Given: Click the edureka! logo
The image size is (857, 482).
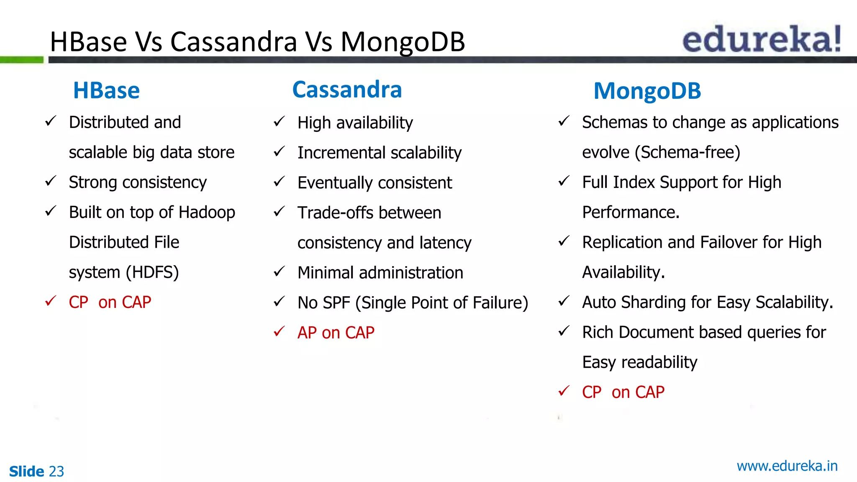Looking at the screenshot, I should point(762,38).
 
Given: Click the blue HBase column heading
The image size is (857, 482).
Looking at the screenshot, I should point(106,90).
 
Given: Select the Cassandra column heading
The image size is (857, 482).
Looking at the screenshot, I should point(347,90).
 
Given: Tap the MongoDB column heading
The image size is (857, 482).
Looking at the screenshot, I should point(647,91).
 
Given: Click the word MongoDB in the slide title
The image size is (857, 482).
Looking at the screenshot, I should point(403,42).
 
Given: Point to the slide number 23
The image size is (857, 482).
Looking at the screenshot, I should point(56,472).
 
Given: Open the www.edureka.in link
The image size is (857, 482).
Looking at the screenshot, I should point(787,466).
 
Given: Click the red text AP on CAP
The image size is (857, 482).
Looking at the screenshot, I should point(336,333).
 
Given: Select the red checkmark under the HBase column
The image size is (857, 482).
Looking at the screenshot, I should point(51,301).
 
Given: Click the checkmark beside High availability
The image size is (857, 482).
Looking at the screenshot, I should point(279,122).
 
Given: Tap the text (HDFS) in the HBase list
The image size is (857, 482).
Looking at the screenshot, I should point(152,272).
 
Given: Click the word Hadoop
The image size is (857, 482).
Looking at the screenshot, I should point(207,212).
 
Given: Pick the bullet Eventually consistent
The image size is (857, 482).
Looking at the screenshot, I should point(375,183).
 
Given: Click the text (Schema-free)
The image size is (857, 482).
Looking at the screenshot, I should point(687,152).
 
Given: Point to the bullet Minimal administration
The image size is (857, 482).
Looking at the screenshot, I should point(380,273).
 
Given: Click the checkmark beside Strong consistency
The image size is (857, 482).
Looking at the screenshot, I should point(51,181).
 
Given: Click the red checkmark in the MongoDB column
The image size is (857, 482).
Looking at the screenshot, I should point(564,391).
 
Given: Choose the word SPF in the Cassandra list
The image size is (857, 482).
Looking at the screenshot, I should point(336,303).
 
